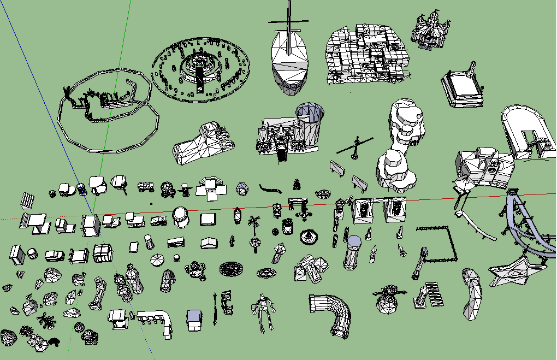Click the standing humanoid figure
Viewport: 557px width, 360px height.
point(264,312)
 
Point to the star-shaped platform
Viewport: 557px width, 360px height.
point(515,271)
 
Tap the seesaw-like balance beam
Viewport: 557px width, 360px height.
point(355,147)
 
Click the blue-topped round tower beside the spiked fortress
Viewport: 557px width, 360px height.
point(310,120)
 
